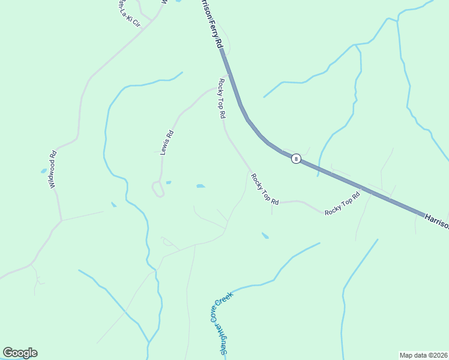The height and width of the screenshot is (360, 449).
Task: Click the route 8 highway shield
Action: (296, 158)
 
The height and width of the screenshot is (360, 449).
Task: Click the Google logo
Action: (20, 353)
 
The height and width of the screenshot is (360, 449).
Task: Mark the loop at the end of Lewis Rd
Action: (158, 190)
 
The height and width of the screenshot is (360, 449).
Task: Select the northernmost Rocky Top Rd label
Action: (221, 98)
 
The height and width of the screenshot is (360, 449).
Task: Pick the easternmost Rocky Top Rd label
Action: (342, 204)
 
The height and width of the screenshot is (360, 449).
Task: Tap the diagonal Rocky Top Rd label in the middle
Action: (265, 190)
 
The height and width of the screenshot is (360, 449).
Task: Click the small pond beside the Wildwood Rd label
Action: (44, 171)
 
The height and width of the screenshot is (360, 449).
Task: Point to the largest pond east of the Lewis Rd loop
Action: (200, 186)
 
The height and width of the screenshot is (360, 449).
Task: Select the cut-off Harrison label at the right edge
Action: (436, 221)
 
